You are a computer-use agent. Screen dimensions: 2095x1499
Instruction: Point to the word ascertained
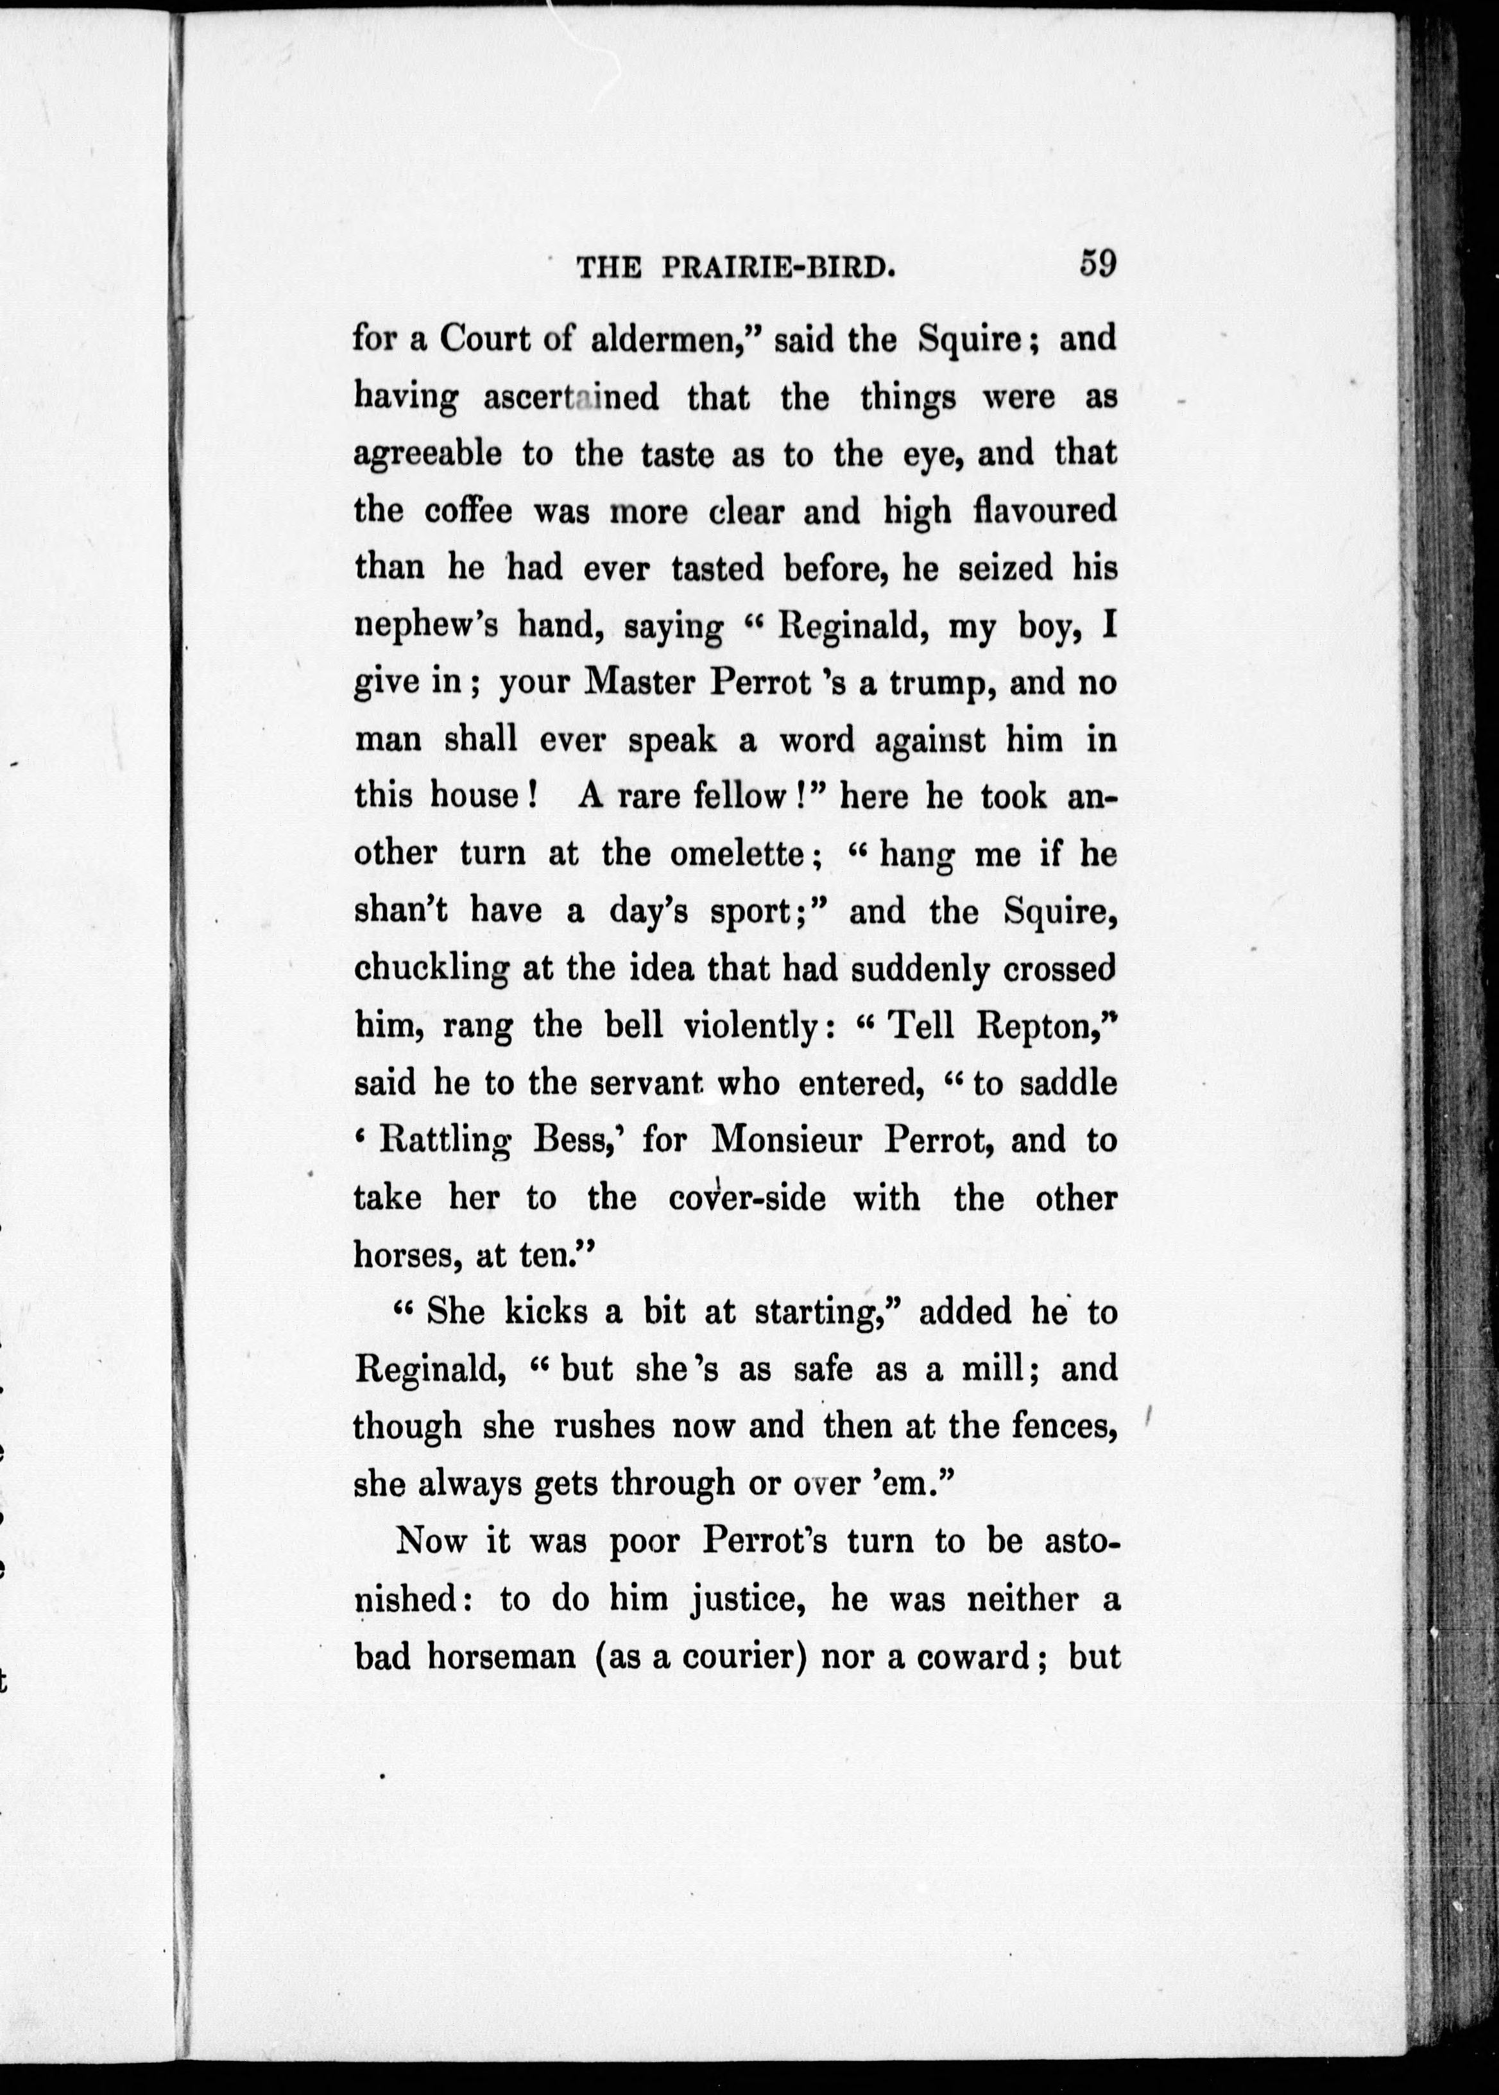point(571,397)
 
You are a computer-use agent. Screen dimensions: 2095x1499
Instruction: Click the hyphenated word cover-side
point(747,1198)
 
